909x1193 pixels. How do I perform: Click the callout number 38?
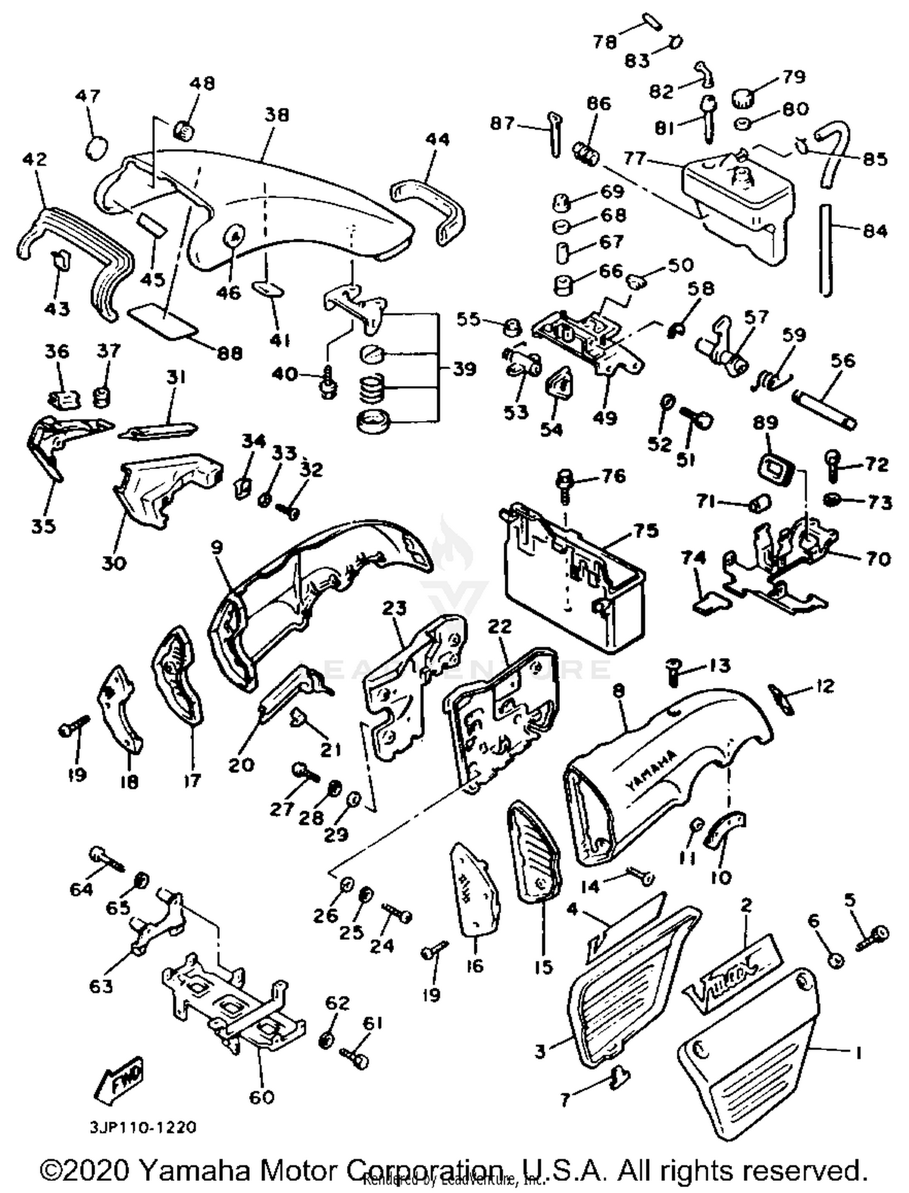pos(276,115)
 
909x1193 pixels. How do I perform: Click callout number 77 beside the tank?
pos(634,159)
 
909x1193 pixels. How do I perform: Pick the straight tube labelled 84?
pos(825,250)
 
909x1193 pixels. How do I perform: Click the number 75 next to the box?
pos(646,531)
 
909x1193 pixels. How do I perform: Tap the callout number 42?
pos(34,159)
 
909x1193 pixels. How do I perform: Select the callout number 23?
pos(394,608)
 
